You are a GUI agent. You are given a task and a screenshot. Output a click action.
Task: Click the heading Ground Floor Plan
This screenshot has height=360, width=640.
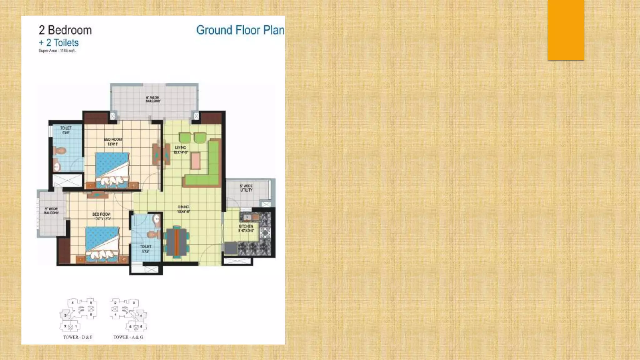click(x=240, y=30)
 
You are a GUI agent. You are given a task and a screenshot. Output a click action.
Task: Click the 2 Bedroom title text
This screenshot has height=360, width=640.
click(x=65, y=30)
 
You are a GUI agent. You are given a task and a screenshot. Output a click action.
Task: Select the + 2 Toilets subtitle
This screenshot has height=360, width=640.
click(x=58, y=43)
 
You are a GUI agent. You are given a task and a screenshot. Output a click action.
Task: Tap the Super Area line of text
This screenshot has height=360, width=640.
click(x=57, y=51)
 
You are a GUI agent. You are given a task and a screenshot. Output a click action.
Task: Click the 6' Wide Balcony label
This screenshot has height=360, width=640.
click(x=153, y=99)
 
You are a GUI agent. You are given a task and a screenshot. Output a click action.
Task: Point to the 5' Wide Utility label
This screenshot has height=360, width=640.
click(x=246, y=188)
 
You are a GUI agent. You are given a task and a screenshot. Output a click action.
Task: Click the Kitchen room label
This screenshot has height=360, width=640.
click(x=246, y=228)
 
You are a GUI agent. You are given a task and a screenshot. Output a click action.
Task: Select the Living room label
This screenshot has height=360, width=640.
click(x=180, y=150)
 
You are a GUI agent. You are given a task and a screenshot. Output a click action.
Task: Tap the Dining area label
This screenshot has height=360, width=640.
click(x=183, y=209)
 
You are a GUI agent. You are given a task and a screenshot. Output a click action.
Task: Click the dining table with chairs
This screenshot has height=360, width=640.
click(x=177, y=242)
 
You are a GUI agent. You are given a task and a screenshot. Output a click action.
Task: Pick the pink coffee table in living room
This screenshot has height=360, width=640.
click(x=196, y=161)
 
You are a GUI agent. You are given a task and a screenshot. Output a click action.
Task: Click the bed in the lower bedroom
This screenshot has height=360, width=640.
click(x=102, y=244)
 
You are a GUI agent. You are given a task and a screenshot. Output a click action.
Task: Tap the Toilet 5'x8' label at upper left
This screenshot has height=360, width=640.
click(x=66, y=130)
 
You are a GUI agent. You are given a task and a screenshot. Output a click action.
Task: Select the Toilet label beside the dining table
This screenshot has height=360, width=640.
click(x=146, y=249)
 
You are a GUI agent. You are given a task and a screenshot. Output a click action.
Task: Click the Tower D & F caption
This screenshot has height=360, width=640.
click(x=78, y=337)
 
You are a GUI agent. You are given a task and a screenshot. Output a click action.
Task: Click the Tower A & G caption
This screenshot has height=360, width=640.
click(x=128, y=337)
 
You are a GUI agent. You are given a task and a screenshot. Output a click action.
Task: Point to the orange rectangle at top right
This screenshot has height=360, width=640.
click(x=566, y=30)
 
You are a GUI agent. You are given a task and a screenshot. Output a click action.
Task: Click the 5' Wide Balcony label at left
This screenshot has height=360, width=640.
click(x=51, y=211)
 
